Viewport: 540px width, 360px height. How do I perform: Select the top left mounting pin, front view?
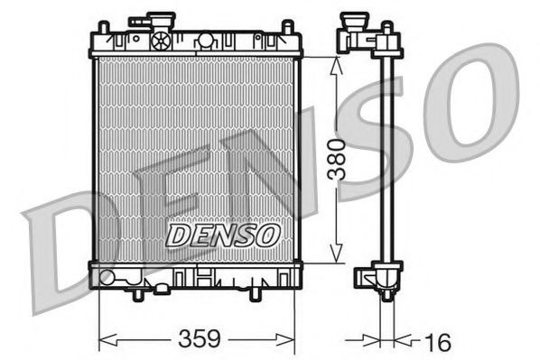pos(101,30)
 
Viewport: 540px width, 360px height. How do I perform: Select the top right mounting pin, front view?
pos(291,30)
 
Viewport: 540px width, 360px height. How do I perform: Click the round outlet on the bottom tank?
pos(108,277)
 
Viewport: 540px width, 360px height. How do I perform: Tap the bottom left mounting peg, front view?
pos(137,294)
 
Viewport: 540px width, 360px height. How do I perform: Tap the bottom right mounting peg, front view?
pos(254,294)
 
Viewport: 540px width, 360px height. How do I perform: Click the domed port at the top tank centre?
pos(206,40)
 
